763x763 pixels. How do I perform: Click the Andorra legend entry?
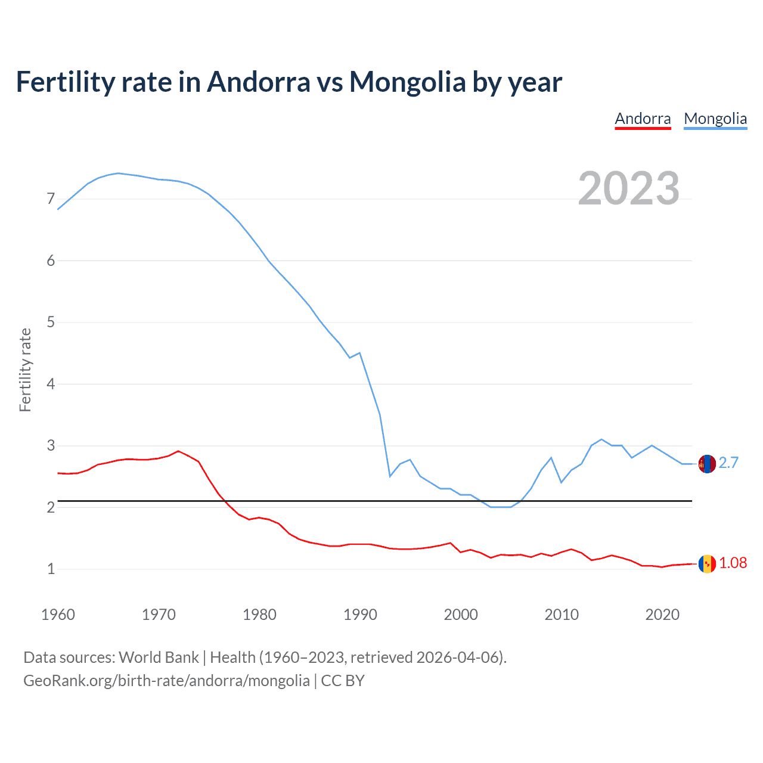pyautogui.click(x=643, y=119)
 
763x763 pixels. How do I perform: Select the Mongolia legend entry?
pyautogui.click(x=715, y=119)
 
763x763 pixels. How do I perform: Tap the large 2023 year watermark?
pyautogui.click(x=628, y=188)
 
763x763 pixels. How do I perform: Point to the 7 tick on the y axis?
pyautogui.click(x=51, y=199)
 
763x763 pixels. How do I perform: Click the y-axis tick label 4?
pyautogui.click(x=51, y=384)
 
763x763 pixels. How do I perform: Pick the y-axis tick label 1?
pyautogui.click(x=51, y=569)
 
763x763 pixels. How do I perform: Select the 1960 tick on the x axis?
pyautogui.click(x=58, y=615)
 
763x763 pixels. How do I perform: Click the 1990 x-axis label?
pyautogui.click(x=360, y=615)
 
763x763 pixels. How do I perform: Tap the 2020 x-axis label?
pyautogui.click(x=662, y=615)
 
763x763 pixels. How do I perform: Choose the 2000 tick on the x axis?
pyautogui.click(x=461, y=615)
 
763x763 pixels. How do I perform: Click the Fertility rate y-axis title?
pyautogui.click(x=25, y=370)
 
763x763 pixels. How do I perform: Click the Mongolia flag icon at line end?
pyautogui.click(x=707, y=463)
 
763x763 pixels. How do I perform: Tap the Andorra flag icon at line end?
pyautogui.click(x=707, y=563)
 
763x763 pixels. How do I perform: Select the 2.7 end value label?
pyautogui.click(x=728, y=463)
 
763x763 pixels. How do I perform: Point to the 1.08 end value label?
pyautogui.click(x=733, y=563)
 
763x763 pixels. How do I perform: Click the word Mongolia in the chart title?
pyautogui.click(x=407, y=82)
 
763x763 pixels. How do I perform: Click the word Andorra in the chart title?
pyautogui.click(x=259, y=82)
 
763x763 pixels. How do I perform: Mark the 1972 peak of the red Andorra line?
pyautogui.click(x=178, y=451)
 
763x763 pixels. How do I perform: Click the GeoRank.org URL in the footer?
pyautogui.click(x=166, y=681)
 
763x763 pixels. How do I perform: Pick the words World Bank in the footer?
pyautogui.click(x=159, y=657)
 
